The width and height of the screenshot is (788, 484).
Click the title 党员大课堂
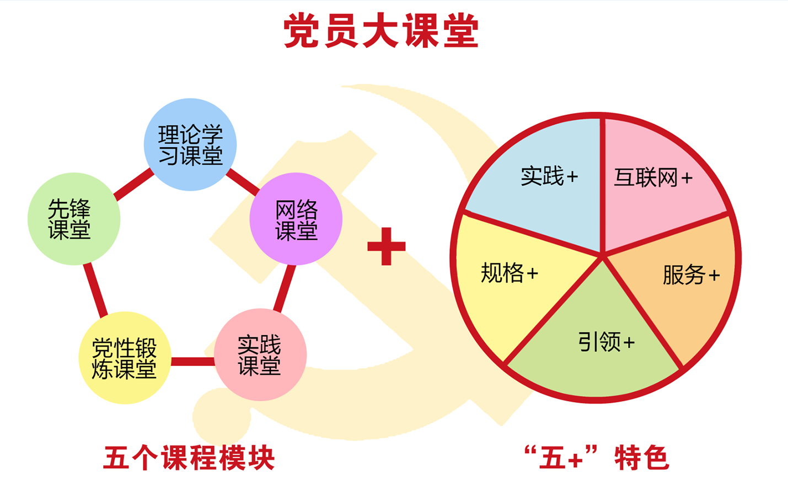(381, 30)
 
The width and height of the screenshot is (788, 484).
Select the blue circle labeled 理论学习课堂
(190, 144)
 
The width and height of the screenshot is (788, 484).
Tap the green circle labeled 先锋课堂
(74, 219)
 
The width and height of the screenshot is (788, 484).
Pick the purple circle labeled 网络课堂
(296, 219)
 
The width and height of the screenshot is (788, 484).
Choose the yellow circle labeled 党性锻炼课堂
(125, 358)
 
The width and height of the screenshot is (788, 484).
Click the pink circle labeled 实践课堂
(260, 354)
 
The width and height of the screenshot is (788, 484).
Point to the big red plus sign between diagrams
(386, 246)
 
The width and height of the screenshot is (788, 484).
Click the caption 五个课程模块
(189, 458)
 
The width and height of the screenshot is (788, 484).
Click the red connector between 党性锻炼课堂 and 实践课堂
(193, 361)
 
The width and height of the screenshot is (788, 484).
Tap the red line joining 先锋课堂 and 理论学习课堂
(134, 184)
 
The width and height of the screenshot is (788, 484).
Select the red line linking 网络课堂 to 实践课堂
(285, 288)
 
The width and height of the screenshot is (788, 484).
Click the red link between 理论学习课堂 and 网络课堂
(243, 182)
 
